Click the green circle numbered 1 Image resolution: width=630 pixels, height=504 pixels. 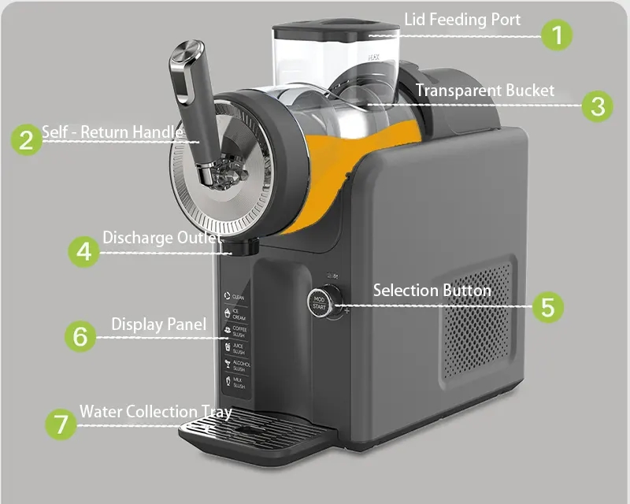(557, 35)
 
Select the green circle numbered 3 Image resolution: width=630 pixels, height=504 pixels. (598, 106)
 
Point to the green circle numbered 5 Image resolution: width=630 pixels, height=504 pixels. (548, 306)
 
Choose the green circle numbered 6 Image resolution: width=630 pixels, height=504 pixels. (80, 336)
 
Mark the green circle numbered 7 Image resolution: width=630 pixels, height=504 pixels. (60, 424)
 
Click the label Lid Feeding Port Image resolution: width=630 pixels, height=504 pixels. (462, 19)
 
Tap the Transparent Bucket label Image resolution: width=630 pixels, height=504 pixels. (484, 90)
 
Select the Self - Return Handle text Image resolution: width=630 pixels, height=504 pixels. (112, 132)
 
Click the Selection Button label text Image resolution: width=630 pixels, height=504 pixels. (432, 291)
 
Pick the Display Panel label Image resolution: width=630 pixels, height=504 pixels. (158, 324)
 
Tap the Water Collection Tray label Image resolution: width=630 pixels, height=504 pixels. (155, 412)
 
